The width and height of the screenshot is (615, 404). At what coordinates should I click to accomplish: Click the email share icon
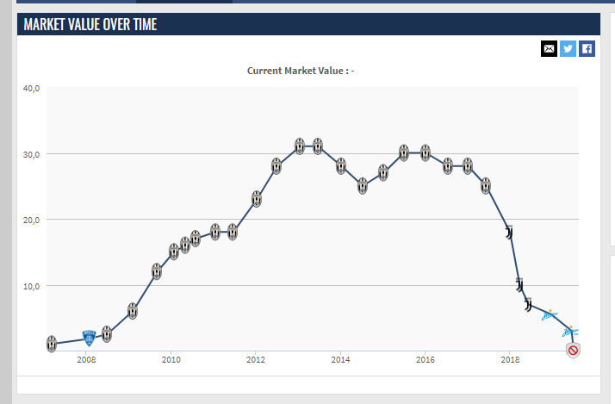pos(550,48)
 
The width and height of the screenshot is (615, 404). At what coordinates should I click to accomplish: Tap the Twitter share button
pos(568,48)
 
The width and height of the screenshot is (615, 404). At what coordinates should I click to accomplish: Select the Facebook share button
pos(587,48)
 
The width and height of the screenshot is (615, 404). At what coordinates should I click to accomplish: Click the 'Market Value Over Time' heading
pos(90,24)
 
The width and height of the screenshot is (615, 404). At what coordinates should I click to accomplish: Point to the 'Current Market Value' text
pos(301,71)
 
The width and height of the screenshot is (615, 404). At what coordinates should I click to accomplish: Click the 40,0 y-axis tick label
pos(32,88)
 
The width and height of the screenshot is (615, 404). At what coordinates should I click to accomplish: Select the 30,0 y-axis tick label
pos(32,154)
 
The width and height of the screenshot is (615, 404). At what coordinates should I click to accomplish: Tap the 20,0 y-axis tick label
pos(32,220)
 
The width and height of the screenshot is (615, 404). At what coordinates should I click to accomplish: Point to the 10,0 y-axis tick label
pos(32,285)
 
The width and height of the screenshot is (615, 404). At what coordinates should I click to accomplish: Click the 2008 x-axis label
pos(86,359)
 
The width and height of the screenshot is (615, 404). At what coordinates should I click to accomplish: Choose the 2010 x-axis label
pos(171,359)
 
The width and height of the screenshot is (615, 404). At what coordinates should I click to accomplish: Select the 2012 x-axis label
pos(255,359)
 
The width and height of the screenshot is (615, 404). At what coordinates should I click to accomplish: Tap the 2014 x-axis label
pos(340,359)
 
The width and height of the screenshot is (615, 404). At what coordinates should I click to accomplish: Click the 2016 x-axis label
pos(425,359)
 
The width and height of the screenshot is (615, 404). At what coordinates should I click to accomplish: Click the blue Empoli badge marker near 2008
pos(89,339)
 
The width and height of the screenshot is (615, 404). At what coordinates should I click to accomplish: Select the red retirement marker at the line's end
pos(573,349)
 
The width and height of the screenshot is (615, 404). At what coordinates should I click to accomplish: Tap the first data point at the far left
pos(52,344)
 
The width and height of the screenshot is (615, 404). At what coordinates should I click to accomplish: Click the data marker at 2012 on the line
pos(257,199)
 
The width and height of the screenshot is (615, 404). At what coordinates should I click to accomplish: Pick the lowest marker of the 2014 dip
pos(363,185)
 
